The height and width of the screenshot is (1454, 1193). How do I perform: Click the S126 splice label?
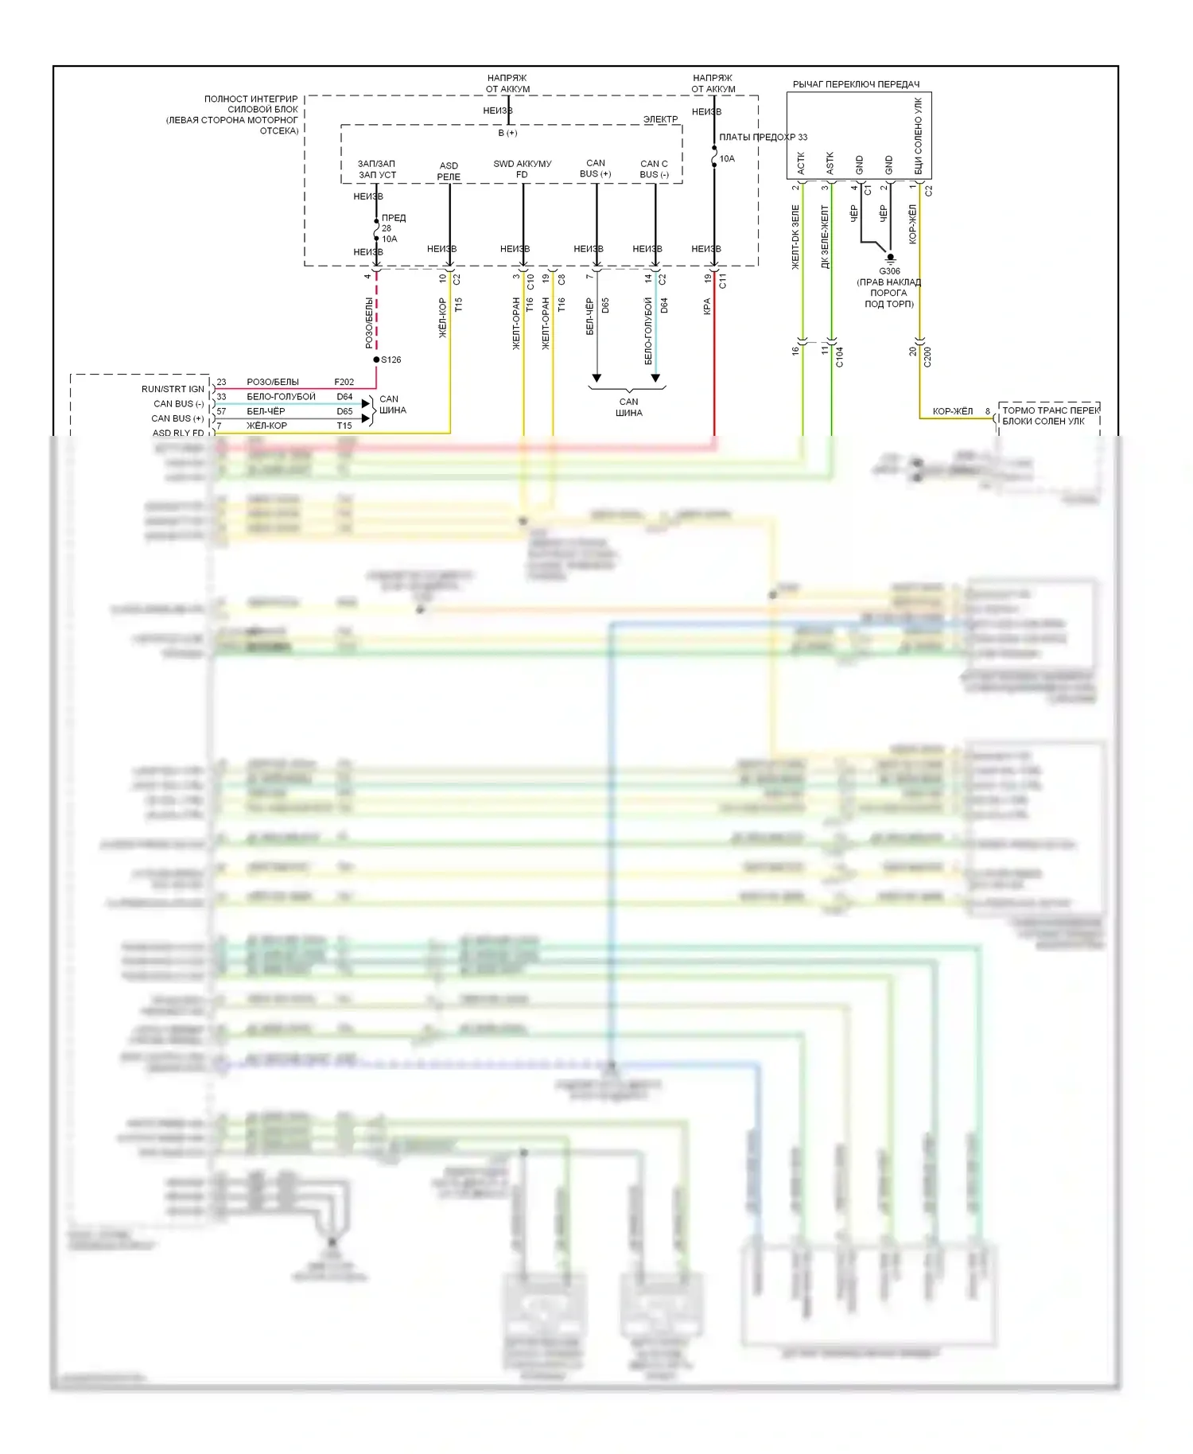point(391,360)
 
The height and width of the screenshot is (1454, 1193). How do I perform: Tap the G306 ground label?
point(889,271)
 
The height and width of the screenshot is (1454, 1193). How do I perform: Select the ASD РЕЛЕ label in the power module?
point(449,171)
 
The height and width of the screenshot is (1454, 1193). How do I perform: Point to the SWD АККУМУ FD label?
point(522,169)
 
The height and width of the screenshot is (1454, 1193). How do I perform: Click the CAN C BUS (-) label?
point(654,169)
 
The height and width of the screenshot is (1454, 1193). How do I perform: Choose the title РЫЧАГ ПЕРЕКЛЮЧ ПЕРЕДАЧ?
point(856,84)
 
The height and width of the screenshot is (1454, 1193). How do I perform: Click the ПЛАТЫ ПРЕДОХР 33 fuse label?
point(763,137)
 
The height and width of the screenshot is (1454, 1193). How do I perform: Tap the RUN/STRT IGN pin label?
point(173,389)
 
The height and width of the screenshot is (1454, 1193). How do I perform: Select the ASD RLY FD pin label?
point(178,433)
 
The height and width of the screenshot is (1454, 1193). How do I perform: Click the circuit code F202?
point(344,382)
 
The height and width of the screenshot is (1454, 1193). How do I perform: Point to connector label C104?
point(839,357)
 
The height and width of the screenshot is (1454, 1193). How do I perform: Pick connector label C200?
point(927,357)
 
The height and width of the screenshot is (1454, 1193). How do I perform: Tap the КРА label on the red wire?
point(706,306)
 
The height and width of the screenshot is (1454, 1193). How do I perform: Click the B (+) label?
point(507,133)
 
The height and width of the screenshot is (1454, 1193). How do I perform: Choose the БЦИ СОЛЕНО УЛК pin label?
point(918,136)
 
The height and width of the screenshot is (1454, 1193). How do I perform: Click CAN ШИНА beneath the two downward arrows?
point(628,407)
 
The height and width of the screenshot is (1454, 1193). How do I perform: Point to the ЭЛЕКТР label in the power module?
point(660,119)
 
